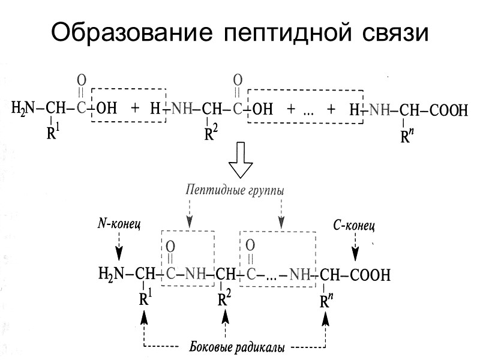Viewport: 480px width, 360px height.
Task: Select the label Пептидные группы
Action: [x=235, y=190]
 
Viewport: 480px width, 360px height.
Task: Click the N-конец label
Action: [x=118, y=224]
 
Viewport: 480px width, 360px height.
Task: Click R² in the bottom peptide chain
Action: [x=223, y=299]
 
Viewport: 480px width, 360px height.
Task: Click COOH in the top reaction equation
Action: [x=447, y=110]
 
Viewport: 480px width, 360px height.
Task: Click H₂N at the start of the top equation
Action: [x=23, y=110]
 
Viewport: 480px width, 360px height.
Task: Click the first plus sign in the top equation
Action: [x=135, y=110]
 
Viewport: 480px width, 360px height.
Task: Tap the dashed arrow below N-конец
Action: [x=119, y=246]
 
